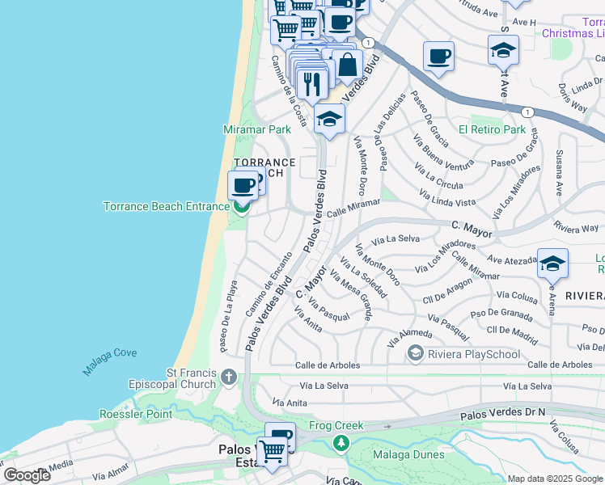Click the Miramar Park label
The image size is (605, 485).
tap(256, 129)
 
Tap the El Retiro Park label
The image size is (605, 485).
tap(492, 129)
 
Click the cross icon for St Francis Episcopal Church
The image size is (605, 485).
tap(229, 377)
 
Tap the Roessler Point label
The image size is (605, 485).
tap(135, 414)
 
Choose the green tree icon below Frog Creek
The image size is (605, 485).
tap(341, 442)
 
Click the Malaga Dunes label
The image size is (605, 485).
tap(408, 454)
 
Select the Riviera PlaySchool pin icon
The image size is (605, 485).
tap(416, 352)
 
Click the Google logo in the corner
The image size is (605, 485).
tap(27, 475)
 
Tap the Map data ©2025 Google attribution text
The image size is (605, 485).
tap(555, 479)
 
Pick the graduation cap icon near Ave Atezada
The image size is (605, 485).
tap(552, 263)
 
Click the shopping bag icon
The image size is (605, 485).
tap(347, 65)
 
